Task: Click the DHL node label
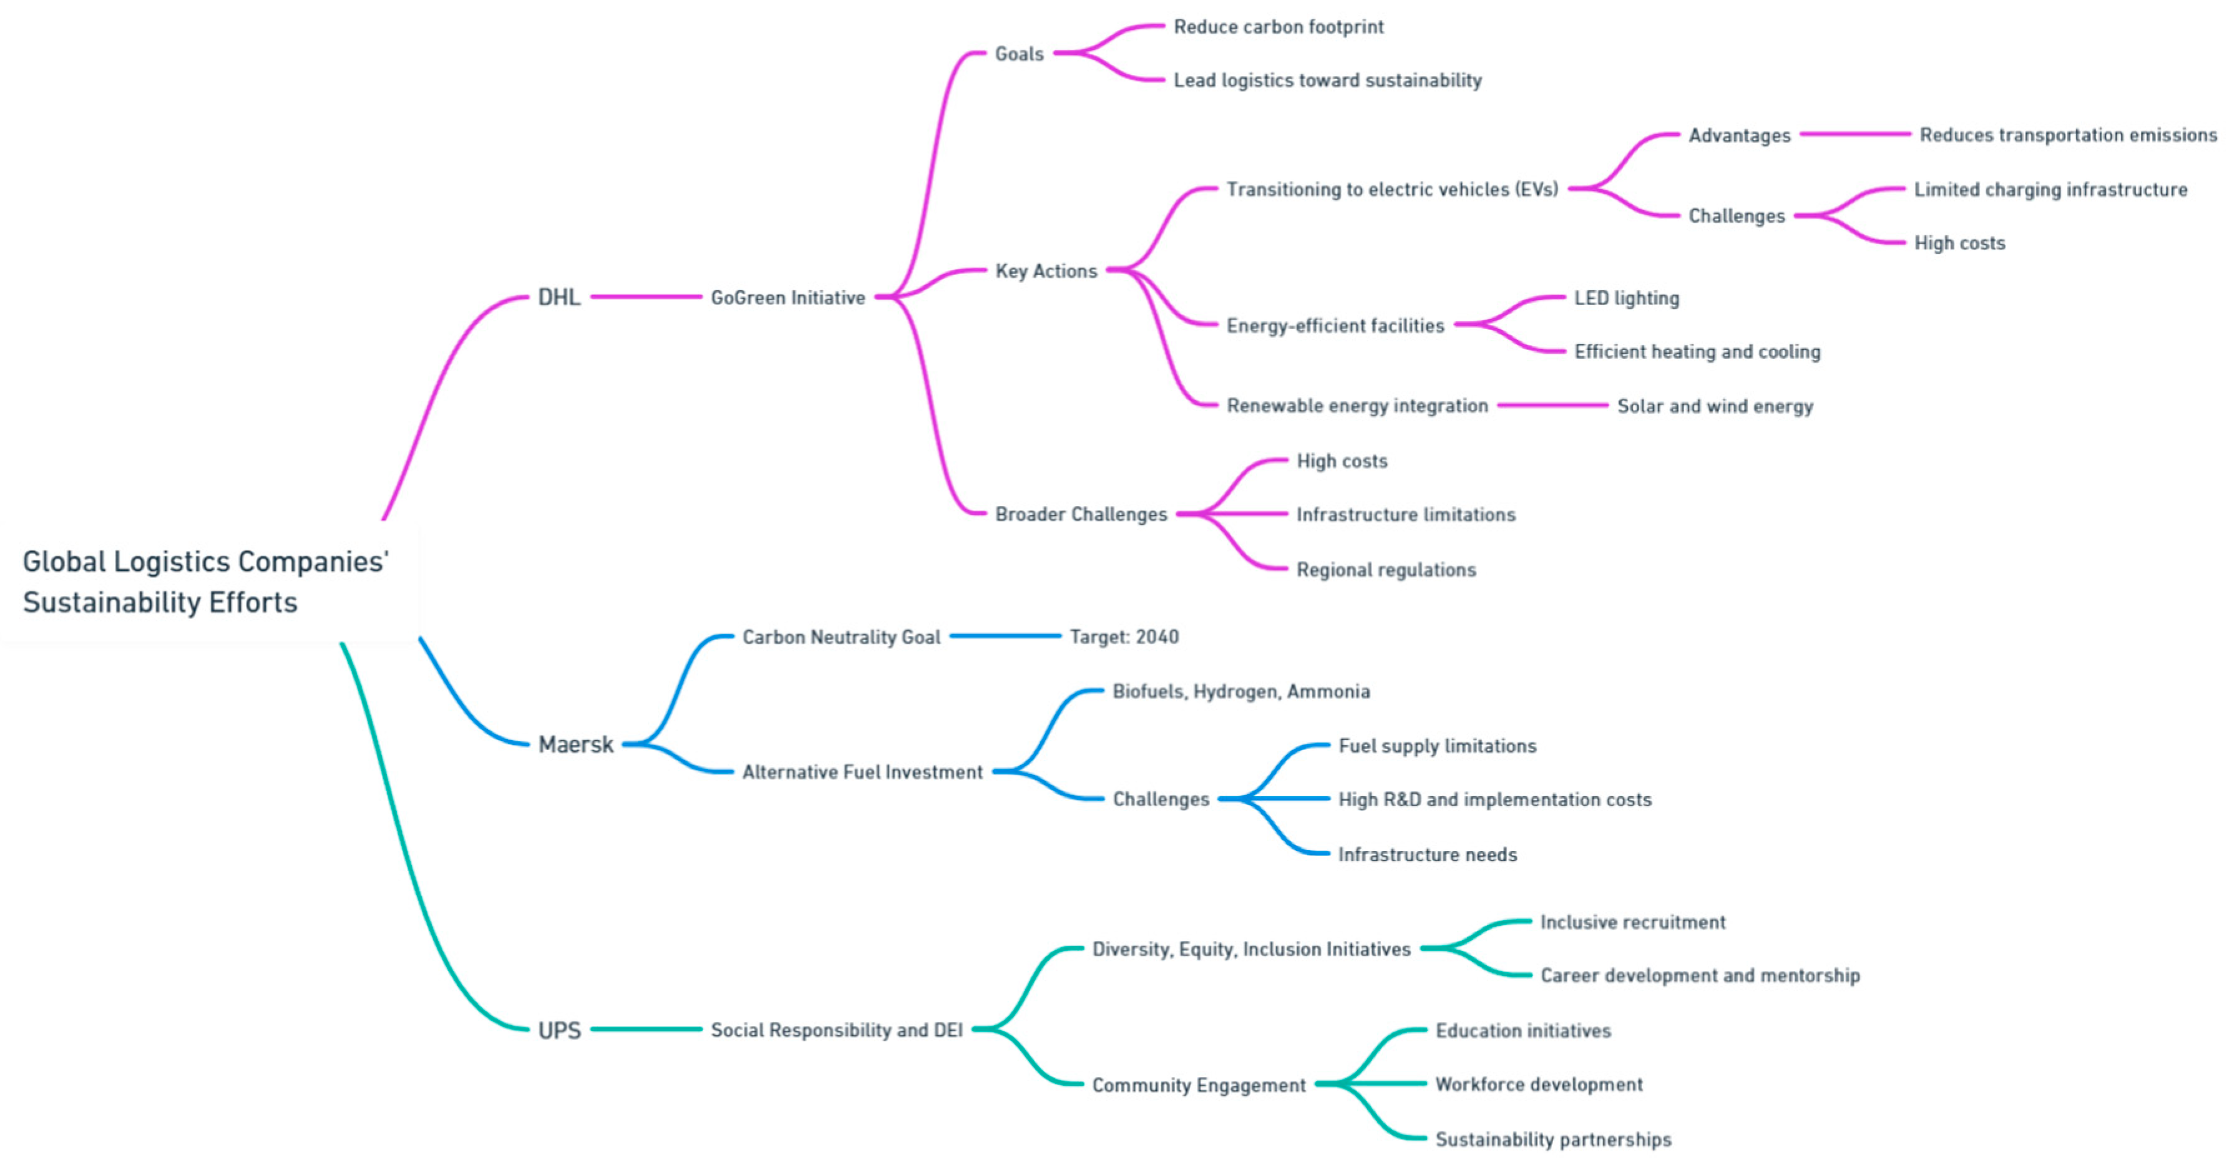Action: point(558,297)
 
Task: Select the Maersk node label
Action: point(576,744)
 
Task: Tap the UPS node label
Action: point(559,1030)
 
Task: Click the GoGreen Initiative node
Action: point(787,298)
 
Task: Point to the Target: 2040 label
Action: point(1124,636)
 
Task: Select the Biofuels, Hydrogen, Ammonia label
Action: point(1241,691)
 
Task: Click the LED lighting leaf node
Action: point(1627,298)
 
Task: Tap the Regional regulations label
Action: point(1386,570)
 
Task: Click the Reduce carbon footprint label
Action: point(1279,27)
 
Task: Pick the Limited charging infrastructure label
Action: point(2050,189)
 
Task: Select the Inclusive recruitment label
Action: point(1632,922)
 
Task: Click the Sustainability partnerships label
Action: point(1552,1139)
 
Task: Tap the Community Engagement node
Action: point(1199,1085)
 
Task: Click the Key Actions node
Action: point(1046,271)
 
